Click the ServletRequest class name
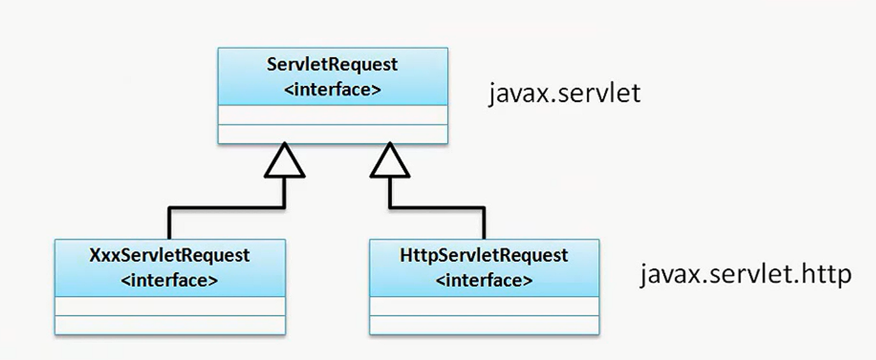[x=332, y=64]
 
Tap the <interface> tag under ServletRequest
[x=332, y=89]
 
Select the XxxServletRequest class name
[x=169, y=256]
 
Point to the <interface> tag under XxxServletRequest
[x=169, y=280]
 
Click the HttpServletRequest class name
[x=484, y=256]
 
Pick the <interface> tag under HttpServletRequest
[x=484, y=280]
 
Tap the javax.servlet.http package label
[x=745, y=275]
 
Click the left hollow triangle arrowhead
[x=285, y=162]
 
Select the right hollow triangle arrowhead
[x=390, y=162]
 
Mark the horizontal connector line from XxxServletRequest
[x=226, y=208]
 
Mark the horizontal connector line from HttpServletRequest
[x=437, y=208]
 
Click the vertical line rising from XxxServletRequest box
[x=169, y=224]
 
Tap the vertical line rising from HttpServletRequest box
[x=484, y=224]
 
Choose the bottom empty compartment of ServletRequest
[x=332, y=134]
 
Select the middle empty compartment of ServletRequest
[x=332, y=115]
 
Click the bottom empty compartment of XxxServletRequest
[x=169, y=325]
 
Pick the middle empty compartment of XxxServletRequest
[x=169, y=306]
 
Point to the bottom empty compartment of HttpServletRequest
[x=484, y=325]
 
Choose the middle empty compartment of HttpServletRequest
[x=484, y=306]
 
